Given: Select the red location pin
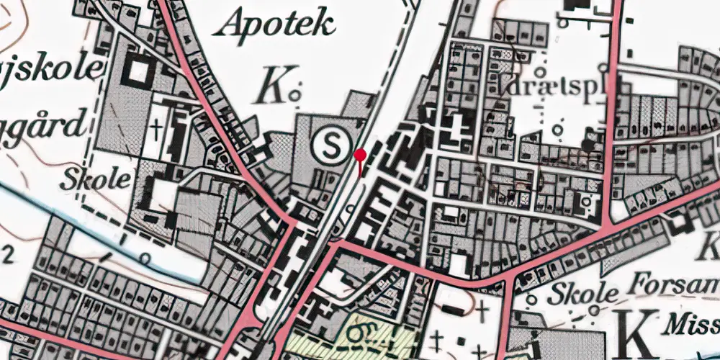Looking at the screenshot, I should click(360, 153).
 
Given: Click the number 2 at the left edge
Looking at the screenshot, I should click(9, 253).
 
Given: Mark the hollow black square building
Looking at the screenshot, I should click(139, 72).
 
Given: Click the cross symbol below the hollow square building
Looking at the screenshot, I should click(158, 128).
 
